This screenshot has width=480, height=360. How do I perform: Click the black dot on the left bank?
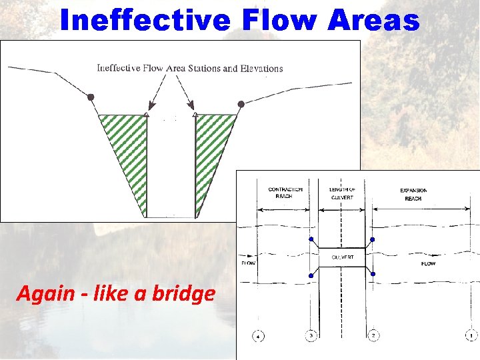pyautogui.click(x=91, y=97)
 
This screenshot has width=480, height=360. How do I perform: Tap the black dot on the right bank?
pyautogui.click(x=241, y=104)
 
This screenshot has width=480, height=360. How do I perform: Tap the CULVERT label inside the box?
pyautogui.click(x=343, y=257)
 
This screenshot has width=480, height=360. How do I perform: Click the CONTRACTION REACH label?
pyautogui.click(x=285, y=193)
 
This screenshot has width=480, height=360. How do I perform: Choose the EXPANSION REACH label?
pyautogui.click(x=413, y=194)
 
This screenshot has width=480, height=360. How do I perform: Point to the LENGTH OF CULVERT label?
pyautogui.click(x=343, y=193)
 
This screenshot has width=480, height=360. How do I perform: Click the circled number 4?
pyautogui.click(x=259, y=335)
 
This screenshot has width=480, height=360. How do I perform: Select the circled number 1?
pyautogui.click(x=471, y=335)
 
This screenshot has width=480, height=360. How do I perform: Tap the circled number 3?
pyautogui.click(x=311, y=335)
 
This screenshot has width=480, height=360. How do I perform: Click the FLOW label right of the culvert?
pyautogui.click(x=428, y=264)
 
